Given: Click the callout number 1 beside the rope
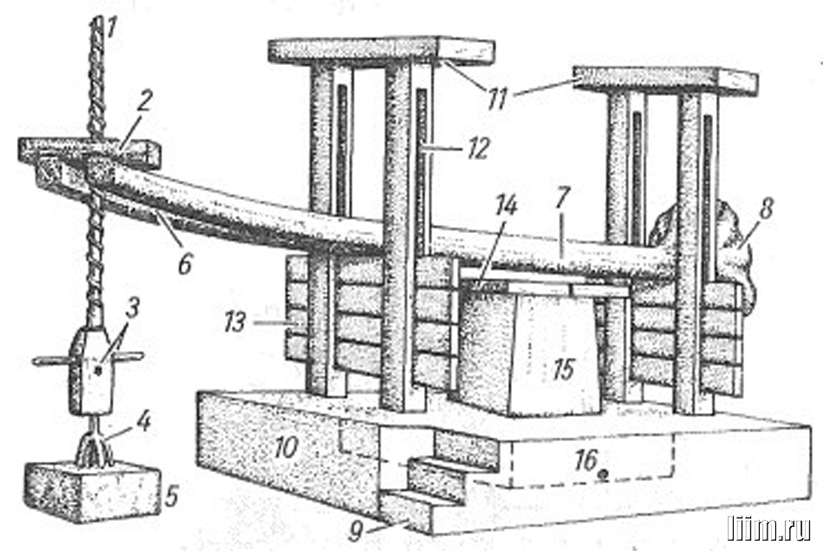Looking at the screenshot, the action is point(110,29).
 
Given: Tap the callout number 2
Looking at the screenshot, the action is point(143,100).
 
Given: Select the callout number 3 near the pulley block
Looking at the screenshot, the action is point(133,308).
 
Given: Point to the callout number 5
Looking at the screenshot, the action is point(172,496).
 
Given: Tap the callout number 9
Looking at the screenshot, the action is point(356,531).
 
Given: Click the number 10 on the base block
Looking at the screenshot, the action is point(287,448).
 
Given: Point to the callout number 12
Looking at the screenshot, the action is point(479,148).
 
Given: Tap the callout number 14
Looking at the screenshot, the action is point(505,205).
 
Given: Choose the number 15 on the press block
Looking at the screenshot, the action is point(564,369).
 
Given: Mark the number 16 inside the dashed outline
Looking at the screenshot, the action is point(586,460).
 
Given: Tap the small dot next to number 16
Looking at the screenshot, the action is point(603,473).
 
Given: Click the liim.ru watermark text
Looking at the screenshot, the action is point(768,528).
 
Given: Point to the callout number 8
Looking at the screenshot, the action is point(766,209).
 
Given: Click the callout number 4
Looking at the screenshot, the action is point(143,421).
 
